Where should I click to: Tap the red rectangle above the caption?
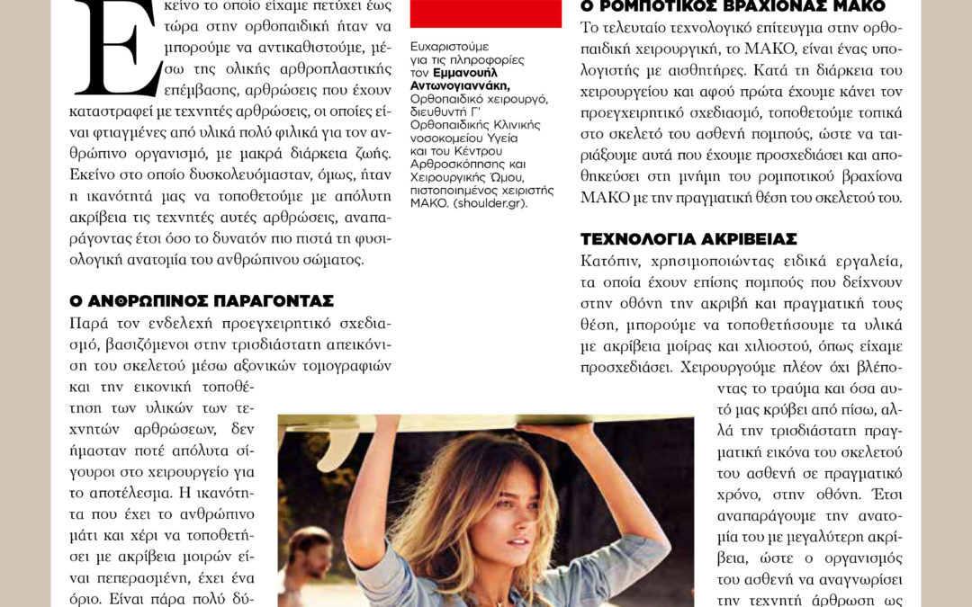point(485,13)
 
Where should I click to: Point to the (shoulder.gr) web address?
point(492,204)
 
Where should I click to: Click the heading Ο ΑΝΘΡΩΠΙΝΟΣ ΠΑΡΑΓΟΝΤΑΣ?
point(202,300)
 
